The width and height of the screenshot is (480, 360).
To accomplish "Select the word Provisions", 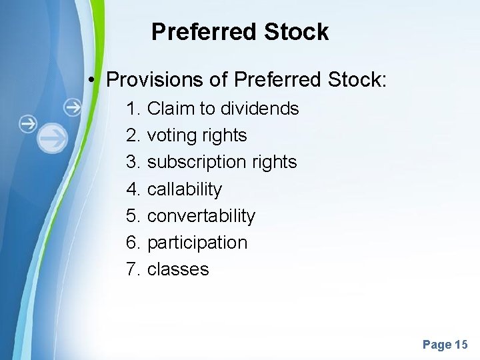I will point(155,80).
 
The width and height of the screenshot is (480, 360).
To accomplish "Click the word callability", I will point(184,189).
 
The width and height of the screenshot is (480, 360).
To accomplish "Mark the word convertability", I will point(201,216).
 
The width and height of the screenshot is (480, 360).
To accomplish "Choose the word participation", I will point(197,243).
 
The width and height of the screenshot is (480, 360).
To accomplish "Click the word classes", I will point(178,269).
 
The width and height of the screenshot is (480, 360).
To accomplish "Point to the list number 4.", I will point(133,189).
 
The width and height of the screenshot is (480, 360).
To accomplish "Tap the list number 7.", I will point(133,269).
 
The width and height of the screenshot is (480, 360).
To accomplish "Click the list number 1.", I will point(133,109).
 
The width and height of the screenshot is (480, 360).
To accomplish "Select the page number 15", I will point(461,345).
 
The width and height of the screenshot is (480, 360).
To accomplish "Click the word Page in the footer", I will point(437,345).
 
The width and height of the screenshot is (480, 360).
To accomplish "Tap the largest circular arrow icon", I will point(52,139).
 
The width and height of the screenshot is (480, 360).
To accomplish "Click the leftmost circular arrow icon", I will point(27,123).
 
